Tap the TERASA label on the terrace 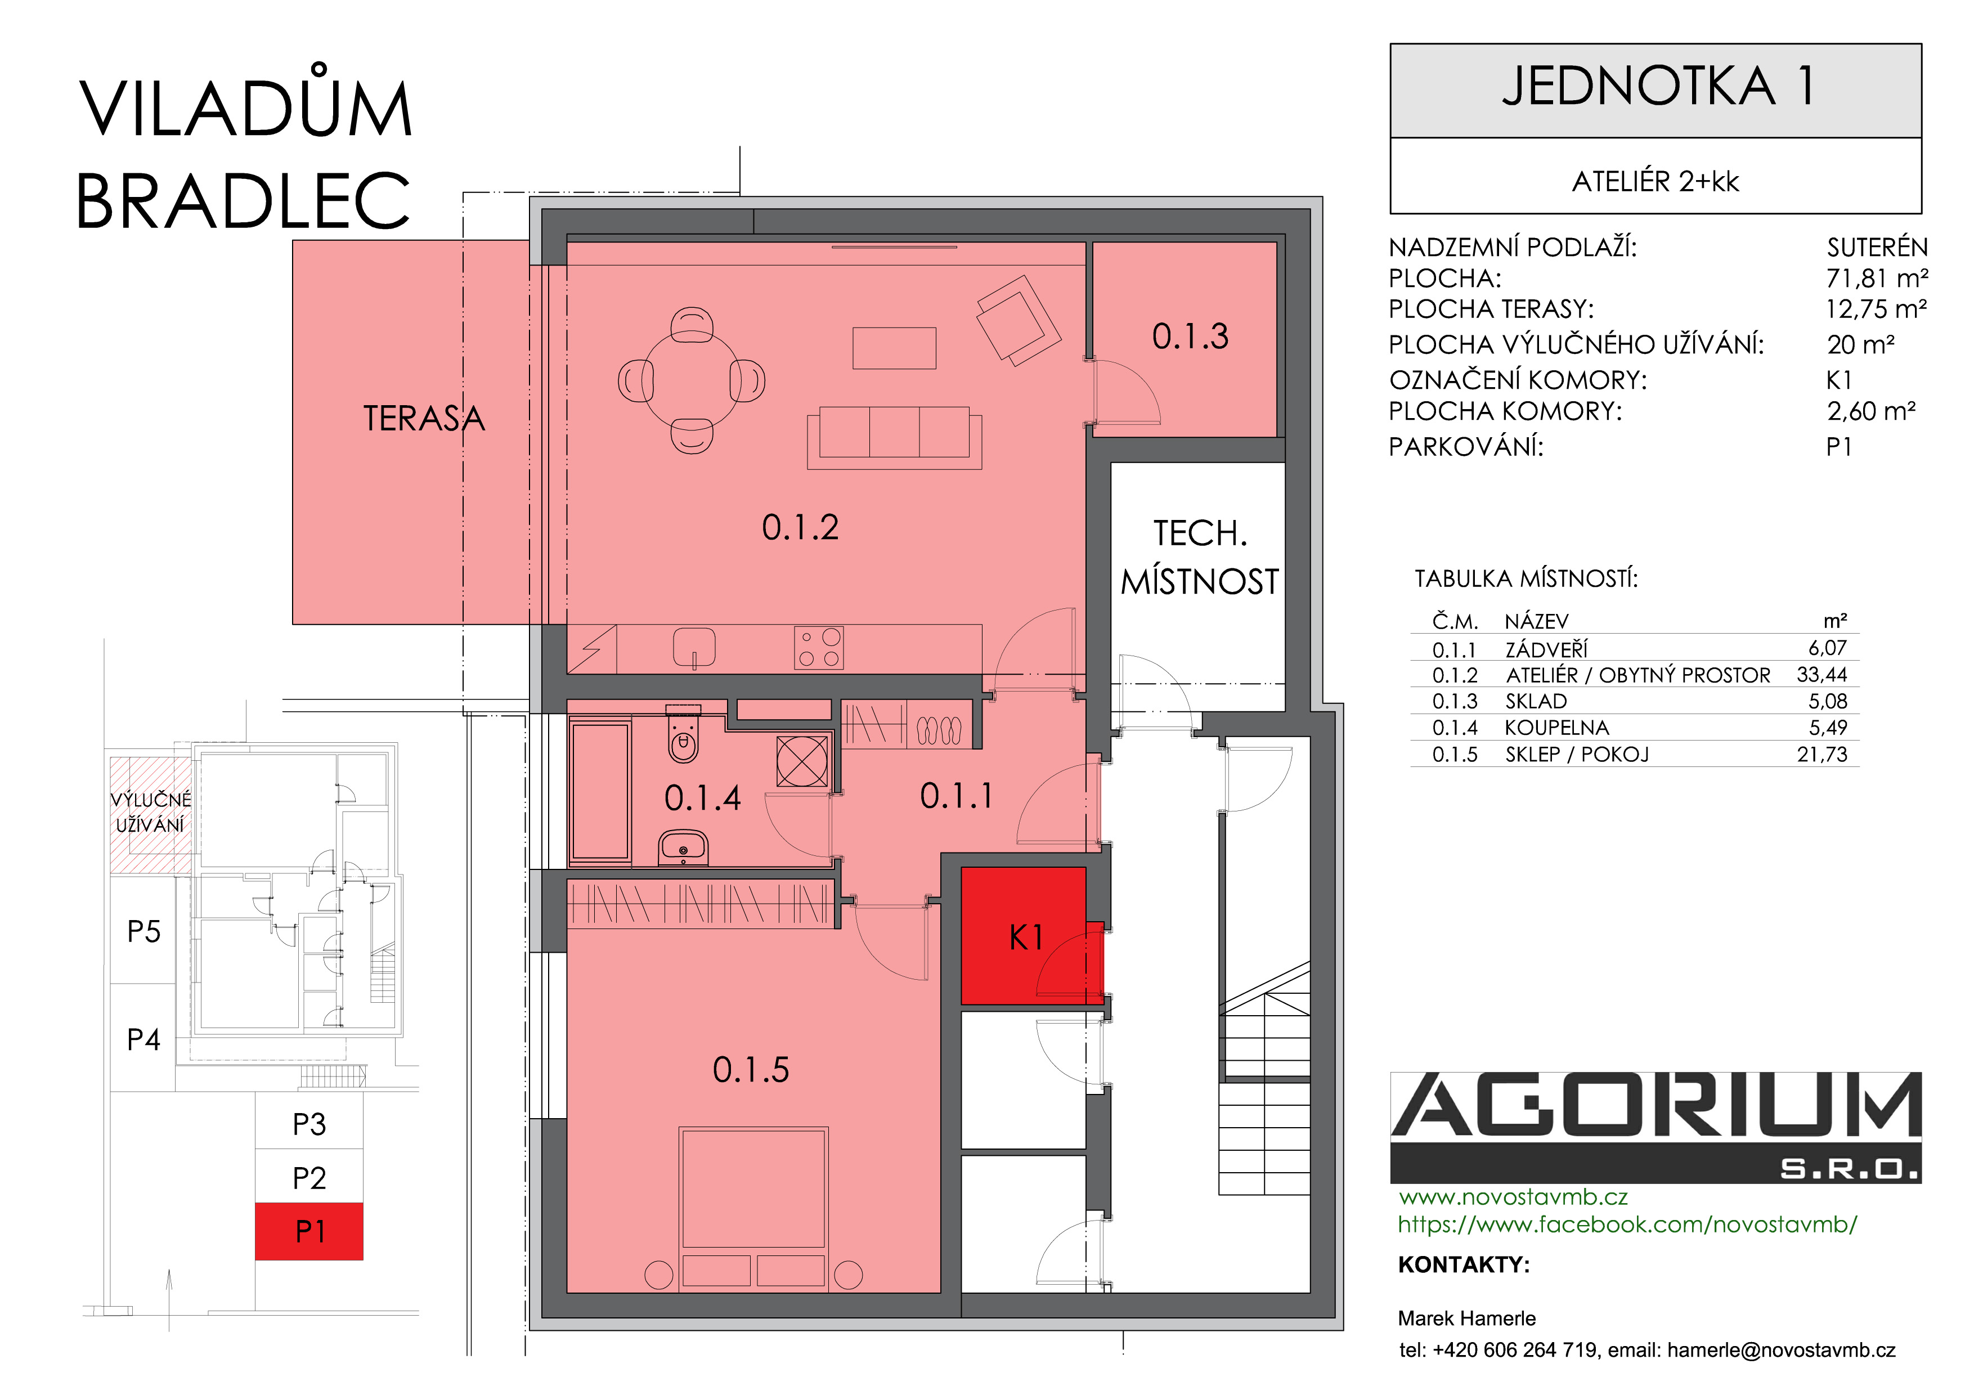[424, 419]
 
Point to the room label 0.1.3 [1190, 336]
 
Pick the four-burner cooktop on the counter [819, 647]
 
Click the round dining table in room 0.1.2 [691, 380]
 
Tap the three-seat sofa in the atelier [894, 437]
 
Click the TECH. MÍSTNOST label [1199, 557]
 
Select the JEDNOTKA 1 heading [1658, 86]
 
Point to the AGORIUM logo [1656, 1127]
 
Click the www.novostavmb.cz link [1513, 1197]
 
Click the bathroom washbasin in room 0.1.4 [684, 847]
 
